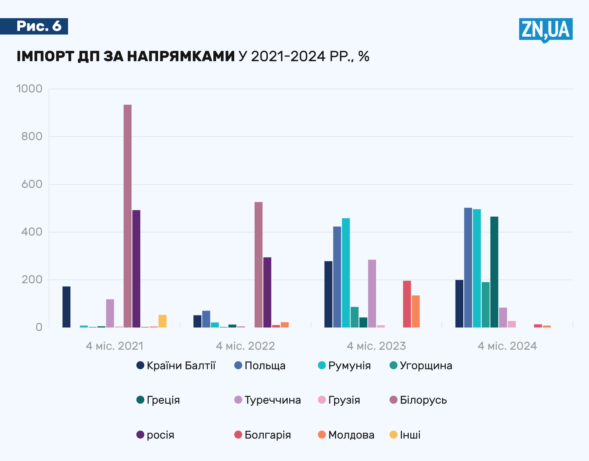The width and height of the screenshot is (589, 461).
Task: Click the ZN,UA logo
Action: click(545, 30)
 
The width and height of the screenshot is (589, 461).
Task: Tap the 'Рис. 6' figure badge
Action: click(39, 26)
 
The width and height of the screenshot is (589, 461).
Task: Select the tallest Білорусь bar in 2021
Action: click(128, 216)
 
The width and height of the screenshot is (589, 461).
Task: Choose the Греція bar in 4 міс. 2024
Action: click(494, 272)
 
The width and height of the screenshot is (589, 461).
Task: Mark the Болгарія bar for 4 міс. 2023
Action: click(407, 304)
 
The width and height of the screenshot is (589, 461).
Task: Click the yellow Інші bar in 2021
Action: click(162, 321)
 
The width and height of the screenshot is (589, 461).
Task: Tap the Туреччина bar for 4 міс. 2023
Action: click(372, 293)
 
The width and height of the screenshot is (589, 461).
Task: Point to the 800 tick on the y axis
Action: click(32, 136)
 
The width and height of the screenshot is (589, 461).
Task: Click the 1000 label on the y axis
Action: click(29, 89)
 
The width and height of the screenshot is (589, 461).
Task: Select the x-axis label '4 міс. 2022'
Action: click(245, 346)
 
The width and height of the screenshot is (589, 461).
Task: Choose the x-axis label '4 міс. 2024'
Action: click(507, 346)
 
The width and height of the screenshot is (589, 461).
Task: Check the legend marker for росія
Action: click(140, 435)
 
